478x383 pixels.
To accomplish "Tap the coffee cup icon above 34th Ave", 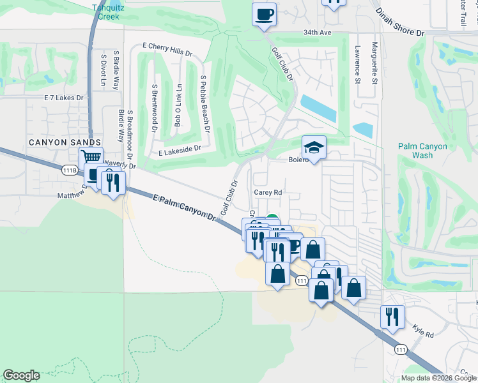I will pos(265,14).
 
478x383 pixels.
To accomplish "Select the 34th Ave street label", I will pos(318,33).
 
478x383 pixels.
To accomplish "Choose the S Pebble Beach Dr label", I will pos(204,101).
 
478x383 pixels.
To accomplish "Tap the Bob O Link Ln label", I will pos(179,105).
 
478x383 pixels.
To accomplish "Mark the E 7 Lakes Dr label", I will pos(63,98).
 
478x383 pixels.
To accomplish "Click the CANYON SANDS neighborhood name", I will pos(64,141).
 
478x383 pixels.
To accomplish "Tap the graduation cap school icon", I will pos(314,148).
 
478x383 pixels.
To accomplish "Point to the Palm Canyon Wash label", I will pos(422,151).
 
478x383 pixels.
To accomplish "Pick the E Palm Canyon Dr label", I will pos(185,208).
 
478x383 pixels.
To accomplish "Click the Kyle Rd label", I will pos(423,334).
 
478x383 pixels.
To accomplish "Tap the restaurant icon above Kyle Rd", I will pos(392,315).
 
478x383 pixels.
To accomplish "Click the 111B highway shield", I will pos(70,170).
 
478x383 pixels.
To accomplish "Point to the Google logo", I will pos(21,375).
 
